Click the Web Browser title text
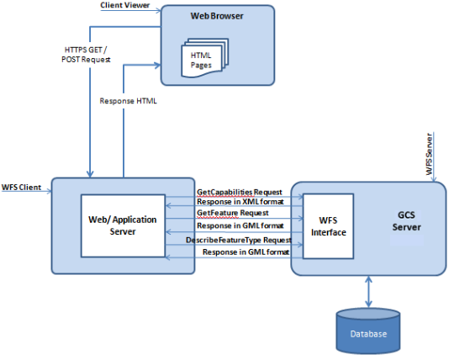point(217,16)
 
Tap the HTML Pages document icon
point(205,58)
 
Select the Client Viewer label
point(124,5)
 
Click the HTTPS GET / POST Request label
point(86,55)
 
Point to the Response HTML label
point(128,101)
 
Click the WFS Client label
point(22,188)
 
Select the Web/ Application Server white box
point(123,225)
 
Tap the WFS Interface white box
point(328,226)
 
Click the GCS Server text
point(406,221)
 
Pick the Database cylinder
point(368,331)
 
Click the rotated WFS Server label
point(429,154)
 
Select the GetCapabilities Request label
point(240,192)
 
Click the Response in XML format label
point(240,202)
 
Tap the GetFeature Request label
point(233,213)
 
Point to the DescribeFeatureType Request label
point(239,240)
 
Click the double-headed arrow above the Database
point(368,292)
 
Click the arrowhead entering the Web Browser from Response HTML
point(158,66)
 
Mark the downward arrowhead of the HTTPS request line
point(90,174)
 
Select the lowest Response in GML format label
point(246,252)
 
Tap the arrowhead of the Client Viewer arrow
point(158,11)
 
